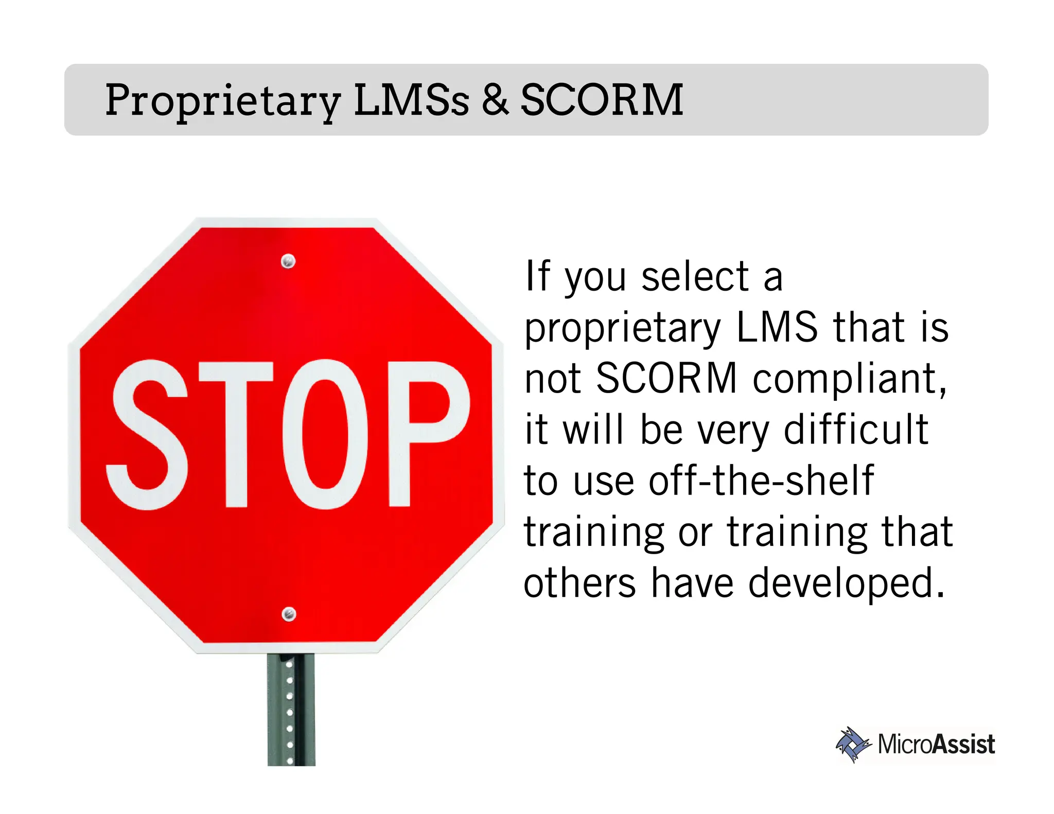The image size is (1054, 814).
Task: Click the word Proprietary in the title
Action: point(222,100)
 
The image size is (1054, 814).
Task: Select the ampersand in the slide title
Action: point(495,99)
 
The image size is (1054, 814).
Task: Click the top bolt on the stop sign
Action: point(288,261)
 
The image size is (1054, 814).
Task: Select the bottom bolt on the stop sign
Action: point(289,613)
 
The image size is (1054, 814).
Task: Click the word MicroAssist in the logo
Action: point(936,745)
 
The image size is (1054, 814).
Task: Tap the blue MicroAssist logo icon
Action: point(853,744)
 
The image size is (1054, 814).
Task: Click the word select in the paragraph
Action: point(695,277)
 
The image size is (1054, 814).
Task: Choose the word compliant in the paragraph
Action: point(850,379)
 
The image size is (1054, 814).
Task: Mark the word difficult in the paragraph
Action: point(856,430)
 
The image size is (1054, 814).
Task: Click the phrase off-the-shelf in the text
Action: point(761,480)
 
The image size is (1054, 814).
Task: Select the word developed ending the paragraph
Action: point(846,583)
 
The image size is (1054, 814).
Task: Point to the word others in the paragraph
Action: point(579,583)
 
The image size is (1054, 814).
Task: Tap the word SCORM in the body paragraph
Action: point(666,378)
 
